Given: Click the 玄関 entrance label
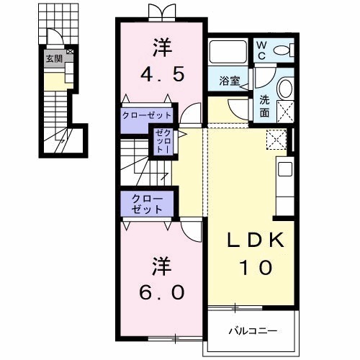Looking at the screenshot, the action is pyautogui.click(x=54, y=58).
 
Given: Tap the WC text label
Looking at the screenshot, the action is pyautogui.click(x=261, y=50).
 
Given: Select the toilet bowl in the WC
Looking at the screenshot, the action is pyautogui.click(x=282, y=50).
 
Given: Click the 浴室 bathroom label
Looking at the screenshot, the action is pyautogui.click(x=230, y=81).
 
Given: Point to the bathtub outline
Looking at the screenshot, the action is pyautogui.click(x=228, y=52).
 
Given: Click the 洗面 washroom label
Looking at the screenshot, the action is pyautogui.click(x=264, y=107).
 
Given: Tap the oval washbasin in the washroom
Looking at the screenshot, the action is pyautogui.click(x=286, y=89).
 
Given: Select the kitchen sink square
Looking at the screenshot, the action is pyautogui.click(x=285, y=168).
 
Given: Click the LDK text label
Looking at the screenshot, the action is pyautogui.click(x=256, y=240).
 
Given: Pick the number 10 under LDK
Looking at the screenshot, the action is pyautogui.click(x=256, y=268).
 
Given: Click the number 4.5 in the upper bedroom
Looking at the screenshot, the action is pyautogui.click(x=163, y=74).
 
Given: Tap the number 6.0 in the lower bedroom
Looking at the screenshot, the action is pyautogui.click(x=162, y=292).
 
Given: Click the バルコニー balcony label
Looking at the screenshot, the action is pyautogui.click(x=253, y=331).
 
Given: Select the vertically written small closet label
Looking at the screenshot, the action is pyautogui.click(x=163, y=141).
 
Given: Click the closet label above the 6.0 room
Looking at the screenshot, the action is pyautogui.click(x=147, y=204).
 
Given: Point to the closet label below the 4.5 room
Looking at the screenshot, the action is pyautogui.click(x=147, y=115).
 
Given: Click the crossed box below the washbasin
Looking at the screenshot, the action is pyautogui.click(x=286, y=112).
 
